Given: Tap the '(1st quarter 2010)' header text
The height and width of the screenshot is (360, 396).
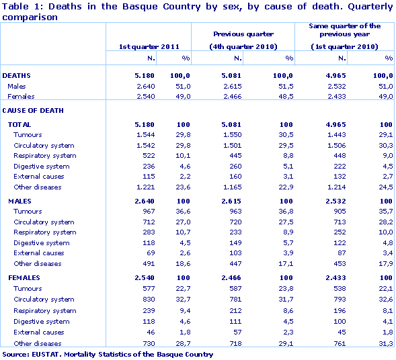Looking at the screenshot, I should coord(345,46).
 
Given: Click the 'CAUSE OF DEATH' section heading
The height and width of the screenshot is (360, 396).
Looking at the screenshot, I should coord(30,109).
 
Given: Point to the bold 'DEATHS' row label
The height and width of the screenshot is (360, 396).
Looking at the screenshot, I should coord(17,76).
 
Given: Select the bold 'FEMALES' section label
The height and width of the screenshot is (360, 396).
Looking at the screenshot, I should coord(24,278).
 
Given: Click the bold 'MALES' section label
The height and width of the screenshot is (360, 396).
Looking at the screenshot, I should coord(19,201).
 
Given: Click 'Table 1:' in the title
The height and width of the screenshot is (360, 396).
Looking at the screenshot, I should coord(20,6).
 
